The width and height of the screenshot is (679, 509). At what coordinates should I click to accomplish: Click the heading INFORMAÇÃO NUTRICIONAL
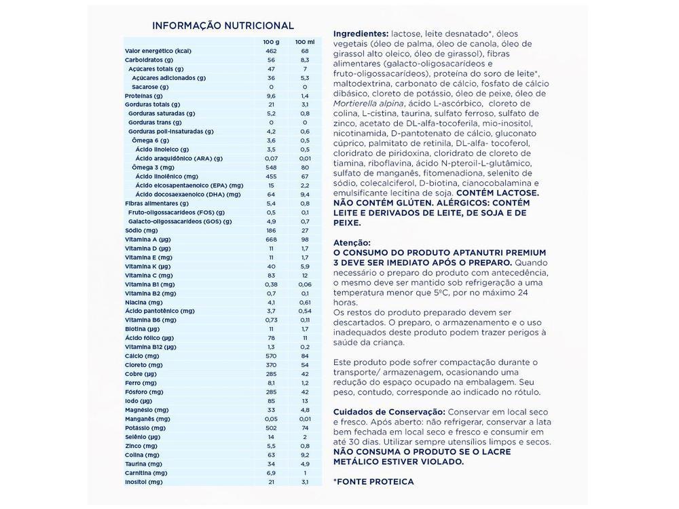223,26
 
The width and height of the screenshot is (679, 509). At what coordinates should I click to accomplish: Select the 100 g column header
271,42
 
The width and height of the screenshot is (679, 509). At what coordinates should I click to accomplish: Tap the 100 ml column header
305,42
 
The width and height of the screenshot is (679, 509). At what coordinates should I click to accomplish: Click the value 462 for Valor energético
271,51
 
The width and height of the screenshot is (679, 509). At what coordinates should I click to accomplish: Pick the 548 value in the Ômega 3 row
271,167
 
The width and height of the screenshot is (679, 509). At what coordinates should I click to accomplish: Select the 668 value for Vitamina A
271,239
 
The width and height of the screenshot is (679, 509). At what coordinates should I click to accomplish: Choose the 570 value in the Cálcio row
271,356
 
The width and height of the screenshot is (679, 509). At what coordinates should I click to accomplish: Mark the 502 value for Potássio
271,428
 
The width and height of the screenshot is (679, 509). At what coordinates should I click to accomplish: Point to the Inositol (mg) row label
143,481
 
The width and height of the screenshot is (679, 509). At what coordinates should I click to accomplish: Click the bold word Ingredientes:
361,33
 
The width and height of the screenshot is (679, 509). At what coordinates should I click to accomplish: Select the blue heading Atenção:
352,242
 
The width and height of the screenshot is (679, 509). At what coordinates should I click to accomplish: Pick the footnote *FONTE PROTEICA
373,481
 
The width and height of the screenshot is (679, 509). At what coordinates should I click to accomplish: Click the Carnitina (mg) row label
145,472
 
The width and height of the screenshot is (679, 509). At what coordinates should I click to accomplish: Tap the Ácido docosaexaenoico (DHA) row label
187,194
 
